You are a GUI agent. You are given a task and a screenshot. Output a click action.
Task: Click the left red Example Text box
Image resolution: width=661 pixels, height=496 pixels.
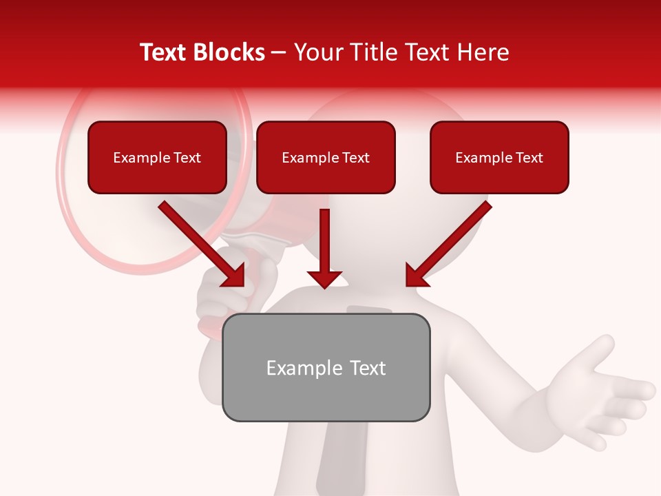coord(157,157)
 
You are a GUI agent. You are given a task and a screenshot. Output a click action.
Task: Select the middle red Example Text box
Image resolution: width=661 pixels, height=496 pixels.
coord(326,157)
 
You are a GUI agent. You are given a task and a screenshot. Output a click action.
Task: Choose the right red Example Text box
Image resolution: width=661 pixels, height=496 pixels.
coord(499,157)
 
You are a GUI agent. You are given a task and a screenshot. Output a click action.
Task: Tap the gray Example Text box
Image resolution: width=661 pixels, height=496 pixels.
coord(326,367)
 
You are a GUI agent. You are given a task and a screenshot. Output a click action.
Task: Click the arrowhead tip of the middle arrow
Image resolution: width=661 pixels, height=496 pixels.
coord(324,285)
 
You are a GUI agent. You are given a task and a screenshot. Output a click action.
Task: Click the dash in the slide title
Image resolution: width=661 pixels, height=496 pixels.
coord(279,52)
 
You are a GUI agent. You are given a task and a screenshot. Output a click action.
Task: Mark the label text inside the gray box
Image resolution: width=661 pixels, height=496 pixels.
coord(326,368)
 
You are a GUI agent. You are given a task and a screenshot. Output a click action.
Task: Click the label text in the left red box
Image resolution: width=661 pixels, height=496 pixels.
coord(157,158)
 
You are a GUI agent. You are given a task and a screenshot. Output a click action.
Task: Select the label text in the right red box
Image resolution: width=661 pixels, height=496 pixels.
coord(499,158)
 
